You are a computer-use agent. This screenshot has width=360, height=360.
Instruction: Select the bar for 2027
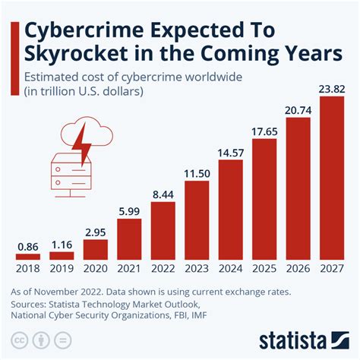(x=332, y=179)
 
